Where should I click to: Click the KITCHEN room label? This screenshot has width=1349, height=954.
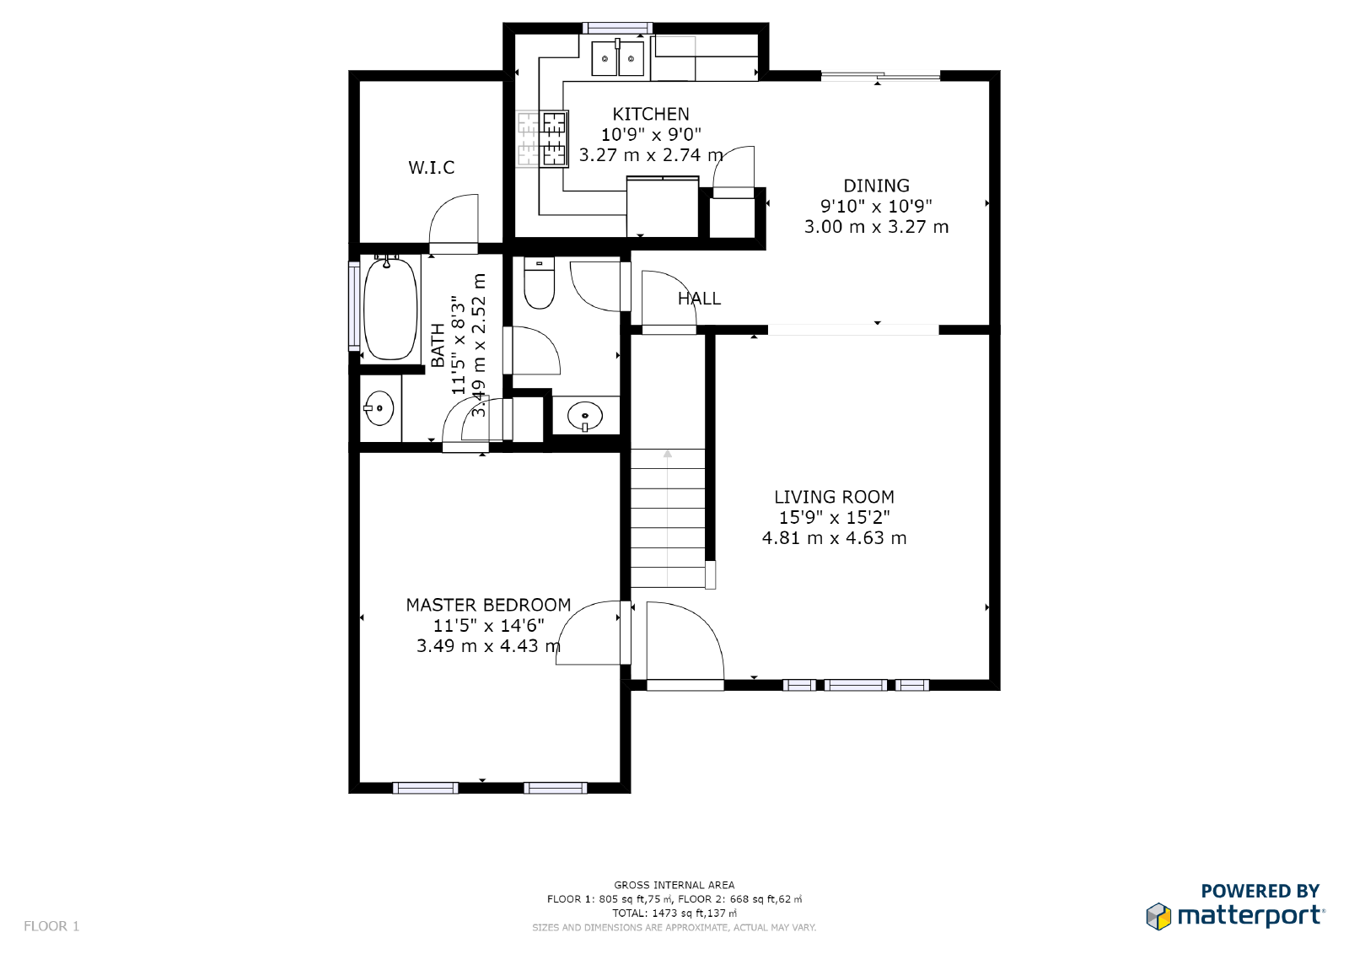(650, 114)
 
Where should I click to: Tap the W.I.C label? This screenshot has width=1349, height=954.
(431, 168)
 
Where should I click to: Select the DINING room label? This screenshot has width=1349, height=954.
(876, 186)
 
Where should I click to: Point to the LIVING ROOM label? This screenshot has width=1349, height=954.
(834, 497)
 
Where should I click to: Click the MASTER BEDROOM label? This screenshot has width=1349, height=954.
(488, 605)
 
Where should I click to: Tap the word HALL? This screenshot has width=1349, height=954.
(699, 299)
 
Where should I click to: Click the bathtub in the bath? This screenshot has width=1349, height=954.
(390, 309)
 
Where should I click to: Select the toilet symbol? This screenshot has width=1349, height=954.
(539, 284)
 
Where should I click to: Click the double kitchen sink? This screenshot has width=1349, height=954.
(617, 59)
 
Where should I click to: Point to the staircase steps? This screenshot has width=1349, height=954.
(667, 518)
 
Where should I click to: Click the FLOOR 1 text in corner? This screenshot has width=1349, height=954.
(51, 926)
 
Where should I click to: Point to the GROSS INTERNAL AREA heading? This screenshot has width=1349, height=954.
(674, 885)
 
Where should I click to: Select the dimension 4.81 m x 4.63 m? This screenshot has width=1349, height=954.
(834, 538)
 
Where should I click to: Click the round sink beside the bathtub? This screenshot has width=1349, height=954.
(379, 408)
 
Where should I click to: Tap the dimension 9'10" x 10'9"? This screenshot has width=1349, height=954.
(876, 206)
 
